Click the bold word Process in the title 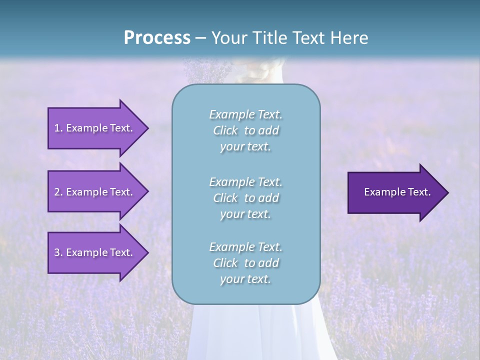click(157, 38)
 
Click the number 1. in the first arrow click(58, 128)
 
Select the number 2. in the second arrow click(58, 192)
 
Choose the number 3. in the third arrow click(58, 252)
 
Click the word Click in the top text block click(225, 131)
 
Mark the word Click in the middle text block click(225, 198)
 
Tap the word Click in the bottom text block click(225, 263)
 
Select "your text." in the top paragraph click(245, 147)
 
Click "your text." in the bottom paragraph click(245, 279)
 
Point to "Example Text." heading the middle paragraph click(245, 182)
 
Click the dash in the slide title click(201, 38)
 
